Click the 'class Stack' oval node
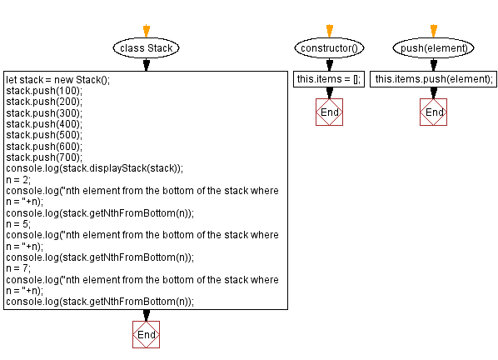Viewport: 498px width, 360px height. click(x=147, y=48)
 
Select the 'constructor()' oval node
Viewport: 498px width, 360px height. click(x=329, y=48)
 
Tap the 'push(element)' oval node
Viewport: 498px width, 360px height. click(x=433, y=48)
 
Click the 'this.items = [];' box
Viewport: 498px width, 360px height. click(x=329, y=79)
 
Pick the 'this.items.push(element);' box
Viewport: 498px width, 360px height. click(x=433, y=79)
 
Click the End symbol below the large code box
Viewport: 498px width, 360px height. click(x=147, y=334)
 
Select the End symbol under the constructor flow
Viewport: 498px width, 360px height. click(x=329, y=112)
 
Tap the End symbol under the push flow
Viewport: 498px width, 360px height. click(x=433, y=112)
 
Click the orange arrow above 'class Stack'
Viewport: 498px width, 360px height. click(x=147, y=31)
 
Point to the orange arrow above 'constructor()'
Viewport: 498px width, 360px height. click(x=329, y=31)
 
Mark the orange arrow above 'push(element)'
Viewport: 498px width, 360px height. click(x=433, y=31)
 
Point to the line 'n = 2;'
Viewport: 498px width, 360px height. click(x=19, y=178)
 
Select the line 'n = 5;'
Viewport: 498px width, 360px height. click(x=19, y=223)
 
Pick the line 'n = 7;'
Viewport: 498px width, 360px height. click(x=19, y=268)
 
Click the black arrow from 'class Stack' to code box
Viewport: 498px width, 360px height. click(x=147, y=64)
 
